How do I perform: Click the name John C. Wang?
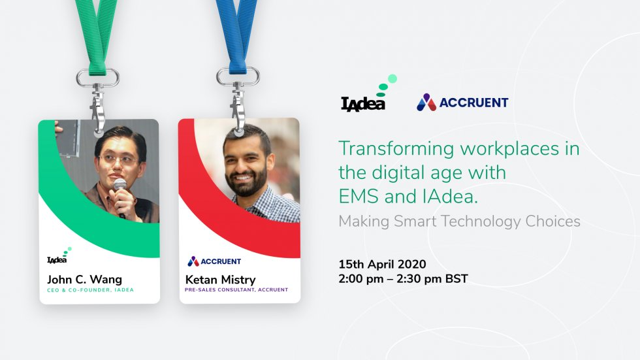click(84, 280)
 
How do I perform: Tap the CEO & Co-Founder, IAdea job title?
click(90, 289)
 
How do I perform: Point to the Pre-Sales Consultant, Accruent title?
click(236, 289)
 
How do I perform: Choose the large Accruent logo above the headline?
click(462, 103)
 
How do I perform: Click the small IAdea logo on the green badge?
click(58, 257)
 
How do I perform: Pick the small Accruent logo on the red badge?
click(214, 261)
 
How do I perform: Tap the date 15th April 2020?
click(382, 265)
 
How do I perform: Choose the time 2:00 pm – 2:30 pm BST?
click(403, 279)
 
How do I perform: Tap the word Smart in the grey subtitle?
click(415, 221)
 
